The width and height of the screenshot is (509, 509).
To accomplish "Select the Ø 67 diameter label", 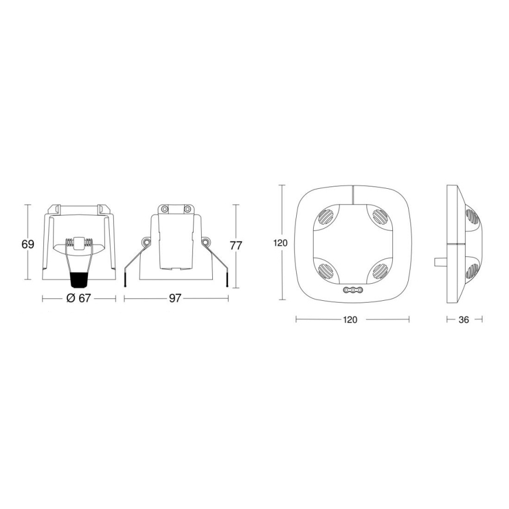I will pyautogui.click(x=78, y=298).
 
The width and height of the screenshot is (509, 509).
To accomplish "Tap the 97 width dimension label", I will pyautogui.click(x=175, y=298).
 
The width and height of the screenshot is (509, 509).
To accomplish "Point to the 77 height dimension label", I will pyautogui.click(x=236, y=246).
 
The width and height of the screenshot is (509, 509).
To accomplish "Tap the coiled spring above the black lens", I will pyautogui.click(x=78, y=242).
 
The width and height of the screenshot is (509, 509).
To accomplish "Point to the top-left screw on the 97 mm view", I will pyautogui.click(x=165, y=209).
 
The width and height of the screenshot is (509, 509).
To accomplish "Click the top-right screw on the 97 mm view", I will pyautogui.click(x=187, y=209).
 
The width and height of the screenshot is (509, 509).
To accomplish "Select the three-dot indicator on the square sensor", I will pyautogui.click(x=352, y=290).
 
